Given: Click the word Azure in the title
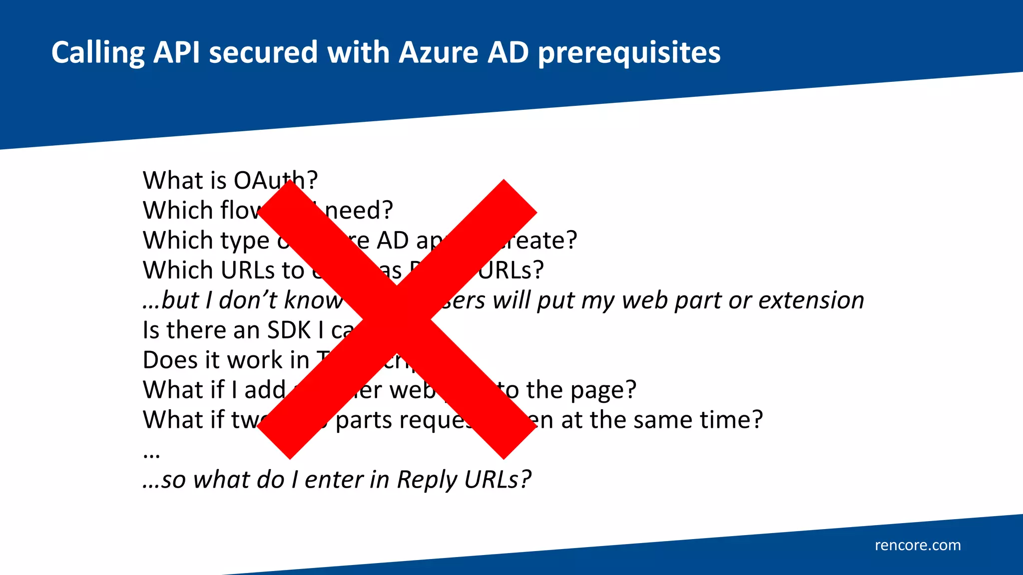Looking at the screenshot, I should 438,52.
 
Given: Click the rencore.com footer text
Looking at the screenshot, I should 918,545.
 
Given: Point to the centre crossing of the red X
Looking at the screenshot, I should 397,319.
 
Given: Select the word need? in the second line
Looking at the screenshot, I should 359,210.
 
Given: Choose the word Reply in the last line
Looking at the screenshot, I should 427,481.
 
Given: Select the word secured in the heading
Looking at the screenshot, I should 263,52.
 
